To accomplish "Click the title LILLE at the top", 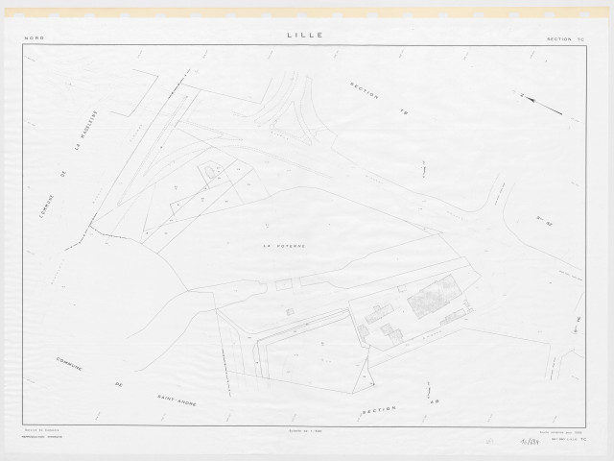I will pyautogui.click(x=304, y=35).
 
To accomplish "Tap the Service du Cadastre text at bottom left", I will pyautogui.click(x=38, y=430).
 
